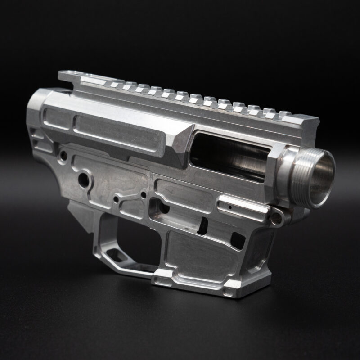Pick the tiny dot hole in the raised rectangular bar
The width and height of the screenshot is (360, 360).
(229, 207)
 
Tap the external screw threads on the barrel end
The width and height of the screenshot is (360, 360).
(299, 175)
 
